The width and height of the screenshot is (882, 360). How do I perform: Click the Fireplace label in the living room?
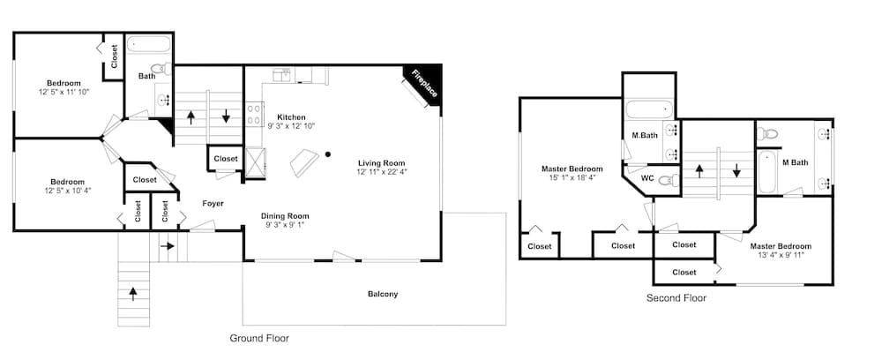(423, 84)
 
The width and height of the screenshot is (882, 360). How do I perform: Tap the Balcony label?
(383, 294)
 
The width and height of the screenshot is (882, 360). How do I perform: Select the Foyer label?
(213, 204)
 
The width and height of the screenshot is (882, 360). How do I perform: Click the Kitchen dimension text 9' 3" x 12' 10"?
(290, 126)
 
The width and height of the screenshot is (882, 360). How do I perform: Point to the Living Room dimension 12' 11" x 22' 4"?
(381, 171)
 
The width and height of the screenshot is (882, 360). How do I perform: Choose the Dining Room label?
(285, 216)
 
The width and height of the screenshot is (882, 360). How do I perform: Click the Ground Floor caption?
(259, 338)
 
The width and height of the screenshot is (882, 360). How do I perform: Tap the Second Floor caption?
(676, 297)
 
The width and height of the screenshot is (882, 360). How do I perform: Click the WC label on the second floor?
(647, 179)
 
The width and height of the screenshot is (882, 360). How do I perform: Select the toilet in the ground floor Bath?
(161, 69)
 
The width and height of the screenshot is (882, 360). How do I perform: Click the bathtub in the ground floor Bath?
(149, 45)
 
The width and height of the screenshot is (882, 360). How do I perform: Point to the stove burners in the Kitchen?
(255, 114)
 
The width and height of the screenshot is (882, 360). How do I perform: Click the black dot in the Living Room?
(328, 154)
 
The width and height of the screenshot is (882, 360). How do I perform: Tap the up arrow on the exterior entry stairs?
(133, 294)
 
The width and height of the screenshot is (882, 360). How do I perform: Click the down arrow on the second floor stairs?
(736, 170)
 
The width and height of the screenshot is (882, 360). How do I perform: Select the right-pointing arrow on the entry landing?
(168, 246)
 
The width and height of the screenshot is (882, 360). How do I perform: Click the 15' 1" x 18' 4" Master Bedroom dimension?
(572, 177)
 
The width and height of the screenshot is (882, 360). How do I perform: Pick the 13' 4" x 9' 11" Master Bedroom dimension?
(781, 255)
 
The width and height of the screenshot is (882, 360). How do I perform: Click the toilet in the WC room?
(669, 180)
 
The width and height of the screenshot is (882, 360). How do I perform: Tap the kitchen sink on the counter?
(282, 75)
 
